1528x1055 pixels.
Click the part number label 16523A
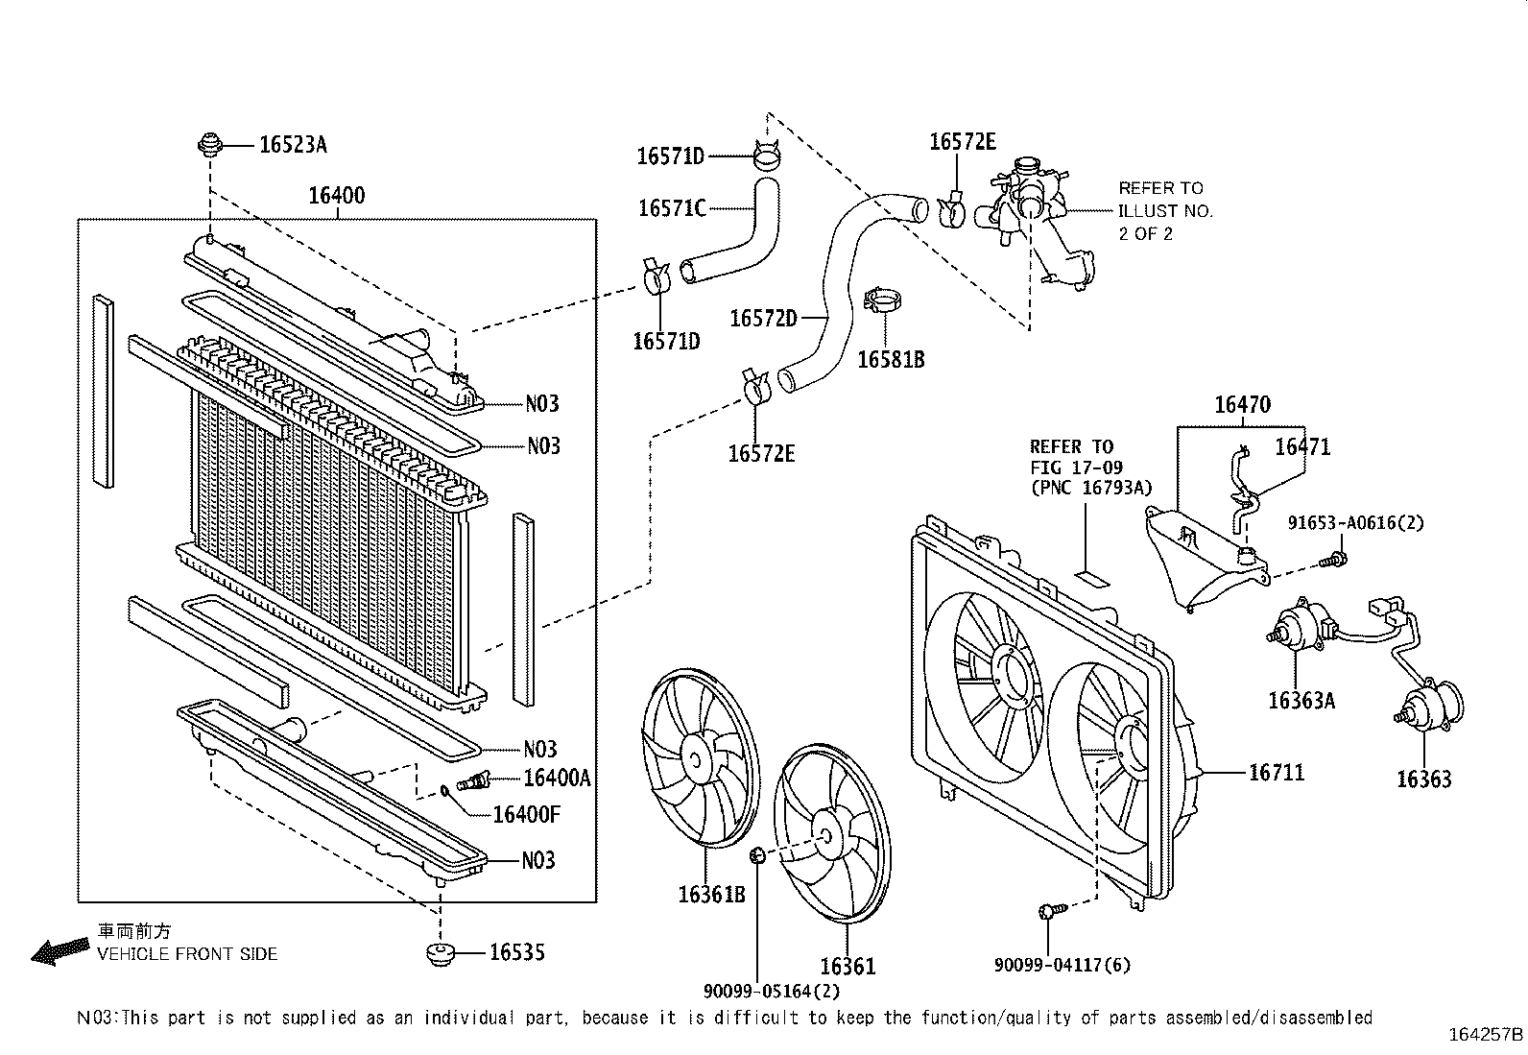pyautogui.click(x=293, y=145)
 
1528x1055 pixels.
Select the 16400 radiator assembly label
pyautogui.click(x=336, y=196)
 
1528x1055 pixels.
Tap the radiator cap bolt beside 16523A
pyautogui.click(x=208, y=146)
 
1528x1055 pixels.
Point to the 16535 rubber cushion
pyautogui.click(x=441, y=953)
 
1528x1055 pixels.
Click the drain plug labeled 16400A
pyautogui.click(x=475, y=779)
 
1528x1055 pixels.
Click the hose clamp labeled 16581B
pyautogui.click(x=884, y=300)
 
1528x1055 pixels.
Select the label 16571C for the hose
pyautogui.click(x=672, y=207)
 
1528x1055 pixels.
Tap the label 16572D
pyautogui.click(x=763, y=318)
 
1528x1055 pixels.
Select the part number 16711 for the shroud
pyautogui.click(x=1277, y=772)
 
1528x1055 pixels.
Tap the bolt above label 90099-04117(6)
pyautogui.click(x=1049, y=912)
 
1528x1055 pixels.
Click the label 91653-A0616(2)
pyautogui.click(x=1355, y=523)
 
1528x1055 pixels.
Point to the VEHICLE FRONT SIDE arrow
pyautogui.click(x=58, y=950)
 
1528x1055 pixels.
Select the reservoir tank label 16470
pyautogui.click(x=1242, y=405)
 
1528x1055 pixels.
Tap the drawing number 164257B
pyautogui.click(x=1485, y=1035)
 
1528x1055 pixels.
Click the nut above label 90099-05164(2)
pyautogui.click(x=756, y=854)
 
